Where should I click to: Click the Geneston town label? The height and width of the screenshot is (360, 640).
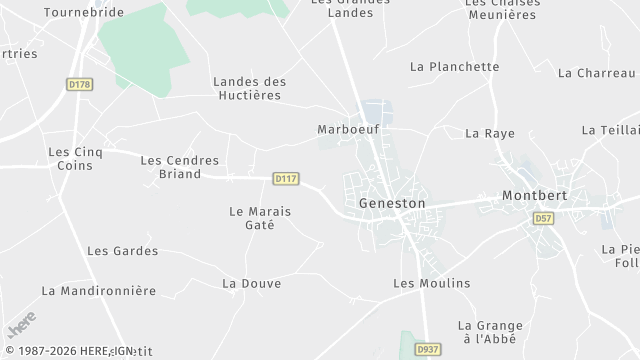tap(392, 203)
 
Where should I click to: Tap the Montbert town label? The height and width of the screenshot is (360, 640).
tap(534, 195)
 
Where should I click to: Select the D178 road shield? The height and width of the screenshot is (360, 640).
tap(80, 85)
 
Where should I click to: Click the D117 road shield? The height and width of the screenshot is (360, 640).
tap(286, 179)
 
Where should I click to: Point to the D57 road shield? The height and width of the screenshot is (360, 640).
tap(543, 217)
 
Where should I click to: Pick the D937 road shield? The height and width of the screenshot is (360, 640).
tap(427, 349)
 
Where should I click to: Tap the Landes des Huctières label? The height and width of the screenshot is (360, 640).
tap(249, 88)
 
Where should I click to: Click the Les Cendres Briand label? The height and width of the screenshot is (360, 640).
tap(170, 166)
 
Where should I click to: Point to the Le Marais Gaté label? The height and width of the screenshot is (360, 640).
tap(251, 218)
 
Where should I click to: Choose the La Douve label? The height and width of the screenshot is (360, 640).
tap(251, 284)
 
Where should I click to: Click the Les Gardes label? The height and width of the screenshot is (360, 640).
tap(122, 251)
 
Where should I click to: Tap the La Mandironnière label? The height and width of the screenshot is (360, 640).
tap(99, 291)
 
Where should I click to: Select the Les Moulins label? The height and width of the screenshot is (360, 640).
tap(431, 284)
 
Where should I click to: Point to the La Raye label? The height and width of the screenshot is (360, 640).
tap(489, 133)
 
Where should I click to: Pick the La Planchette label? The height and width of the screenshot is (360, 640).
tap(454, 67)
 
